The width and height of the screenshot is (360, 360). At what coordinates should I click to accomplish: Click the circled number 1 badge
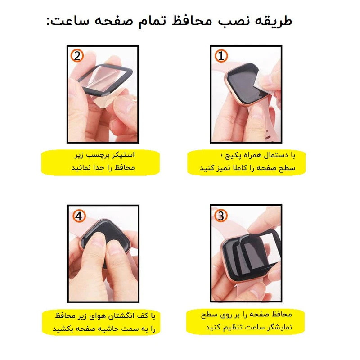[x=221, y=56]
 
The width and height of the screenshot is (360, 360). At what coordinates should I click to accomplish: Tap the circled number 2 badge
[x=77, y=56]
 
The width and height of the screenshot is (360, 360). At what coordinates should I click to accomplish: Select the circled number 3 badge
[x=221, y=216]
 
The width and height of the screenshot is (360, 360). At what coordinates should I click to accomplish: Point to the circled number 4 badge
[x=79, y=216]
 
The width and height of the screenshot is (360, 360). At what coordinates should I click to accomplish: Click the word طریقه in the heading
[x=273, y=21]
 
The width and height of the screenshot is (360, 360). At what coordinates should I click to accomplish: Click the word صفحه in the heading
[x=114, y=22]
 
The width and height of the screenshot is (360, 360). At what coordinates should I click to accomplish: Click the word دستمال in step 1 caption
[x=273, y=155]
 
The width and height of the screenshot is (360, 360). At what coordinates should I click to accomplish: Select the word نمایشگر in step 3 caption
[x=279, y=327]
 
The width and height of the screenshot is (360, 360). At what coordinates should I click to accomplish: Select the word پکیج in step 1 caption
[x=232, y=156]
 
